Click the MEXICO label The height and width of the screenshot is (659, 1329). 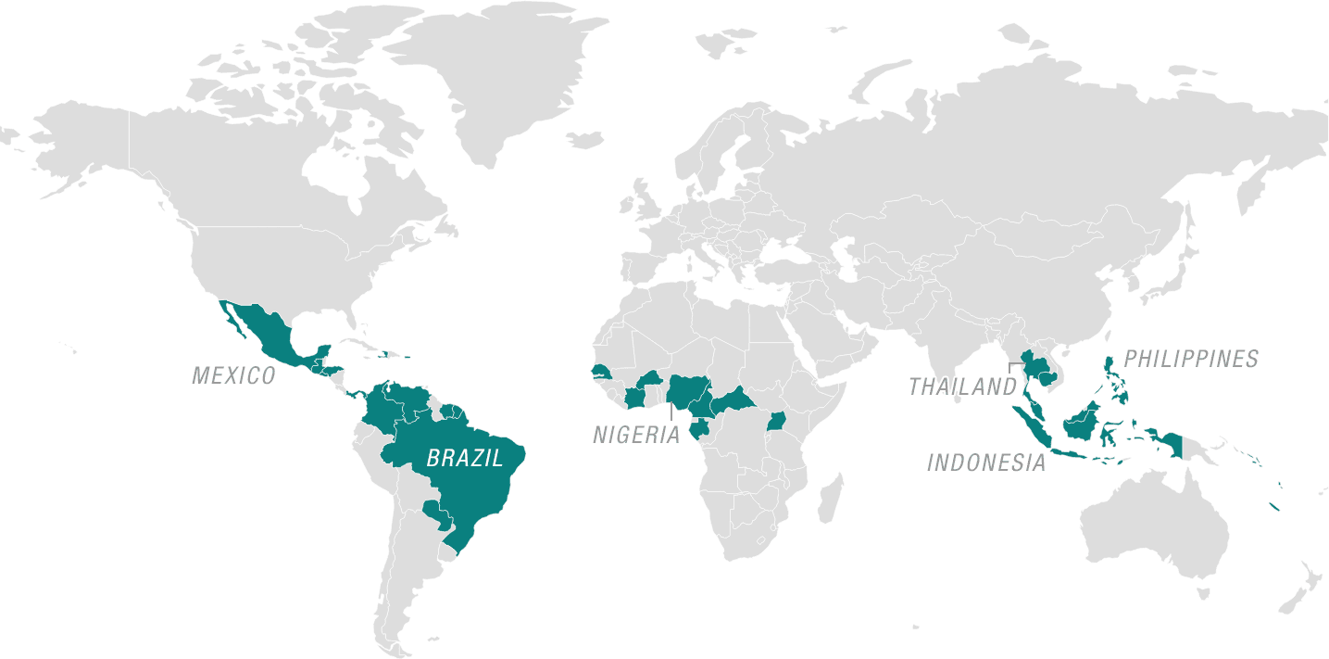tap(233, 375)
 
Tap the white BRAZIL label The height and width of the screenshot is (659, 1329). tap(464, 457)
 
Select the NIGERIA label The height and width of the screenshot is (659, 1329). tap(636, 435)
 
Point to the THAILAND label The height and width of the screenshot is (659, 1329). tap(962, 387)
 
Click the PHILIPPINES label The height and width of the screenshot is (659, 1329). tap(1191, 359)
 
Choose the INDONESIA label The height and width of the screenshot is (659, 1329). tap(986, 463)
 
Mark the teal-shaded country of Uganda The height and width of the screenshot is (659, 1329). tap(777, 422)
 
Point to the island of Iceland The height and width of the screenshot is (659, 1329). tap(584, 140)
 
